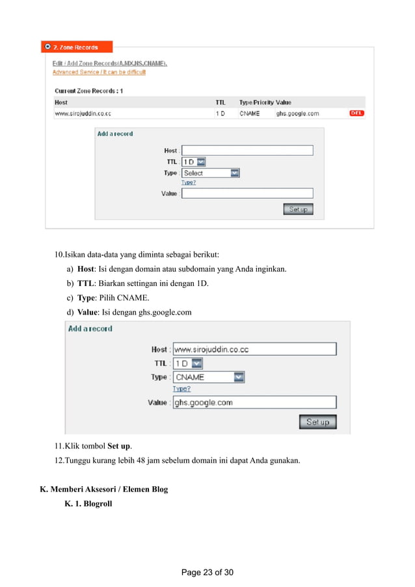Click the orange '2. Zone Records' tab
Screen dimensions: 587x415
tap(77, 47)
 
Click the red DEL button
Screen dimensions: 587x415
tap(357, 113)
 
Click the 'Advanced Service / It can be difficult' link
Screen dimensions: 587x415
tap(99, 72)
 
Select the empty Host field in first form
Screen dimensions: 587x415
tap(247, 150)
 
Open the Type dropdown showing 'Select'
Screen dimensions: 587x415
tap(211, 173)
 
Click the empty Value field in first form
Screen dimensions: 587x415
tap(247, 193)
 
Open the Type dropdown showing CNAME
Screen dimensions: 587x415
tap(209, 377)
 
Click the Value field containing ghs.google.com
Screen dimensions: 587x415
tap(254, 402)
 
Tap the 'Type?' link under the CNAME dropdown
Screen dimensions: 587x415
tap(181, 389)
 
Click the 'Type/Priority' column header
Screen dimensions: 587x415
tap(256, 102)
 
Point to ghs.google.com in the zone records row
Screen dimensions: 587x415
tap(297, 113)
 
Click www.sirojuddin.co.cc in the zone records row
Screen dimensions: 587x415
tap(83, 113)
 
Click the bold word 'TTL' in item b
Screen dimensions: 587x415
tap(85, 283)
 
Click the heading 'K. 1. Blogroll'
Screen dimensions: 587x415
tap(88, 503)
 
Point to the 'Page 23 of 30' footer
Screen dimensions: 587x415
tap(207, 573)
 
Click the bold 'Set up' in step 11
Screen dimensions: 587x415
tap(119, 446)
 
